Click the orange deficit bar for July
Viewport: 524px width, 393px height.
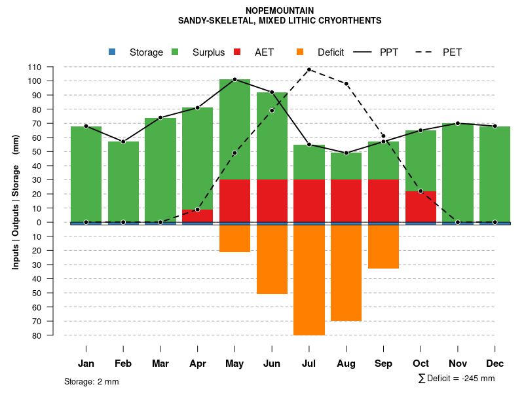point(309,280)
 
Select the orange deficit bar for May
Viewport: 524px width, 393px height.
point(234,238)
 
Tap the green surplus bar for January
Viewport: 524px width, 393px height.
point(86,174)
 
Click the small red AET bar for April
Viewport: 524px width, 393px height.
point(198,215)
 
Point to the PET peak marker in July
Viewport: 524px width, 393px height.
point(309,69)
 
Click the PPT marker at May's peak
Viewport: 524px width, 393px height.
point(234,79)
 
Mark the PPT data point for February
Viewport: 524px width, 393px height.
point(123,141)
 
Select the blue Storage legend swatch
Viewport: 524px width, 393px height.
point(112,52)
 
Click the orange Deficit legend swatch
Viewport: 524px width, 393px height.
point(300,52)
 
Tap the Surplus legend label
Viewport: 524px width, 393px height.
point(208,52)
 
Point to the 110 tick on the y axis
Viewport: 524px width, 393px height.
point(35,67)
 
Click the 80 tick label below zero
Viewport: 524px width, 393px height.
point(37,335)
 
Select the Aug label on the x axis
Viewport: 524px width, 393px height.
point(346,364)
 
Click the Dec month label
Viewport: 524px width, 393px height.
point(495,364)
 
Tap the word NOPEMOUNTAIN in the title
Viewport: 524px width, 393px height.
point(280,10)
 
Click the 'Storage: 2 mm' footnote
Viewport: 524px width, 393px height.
point(92,381)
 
